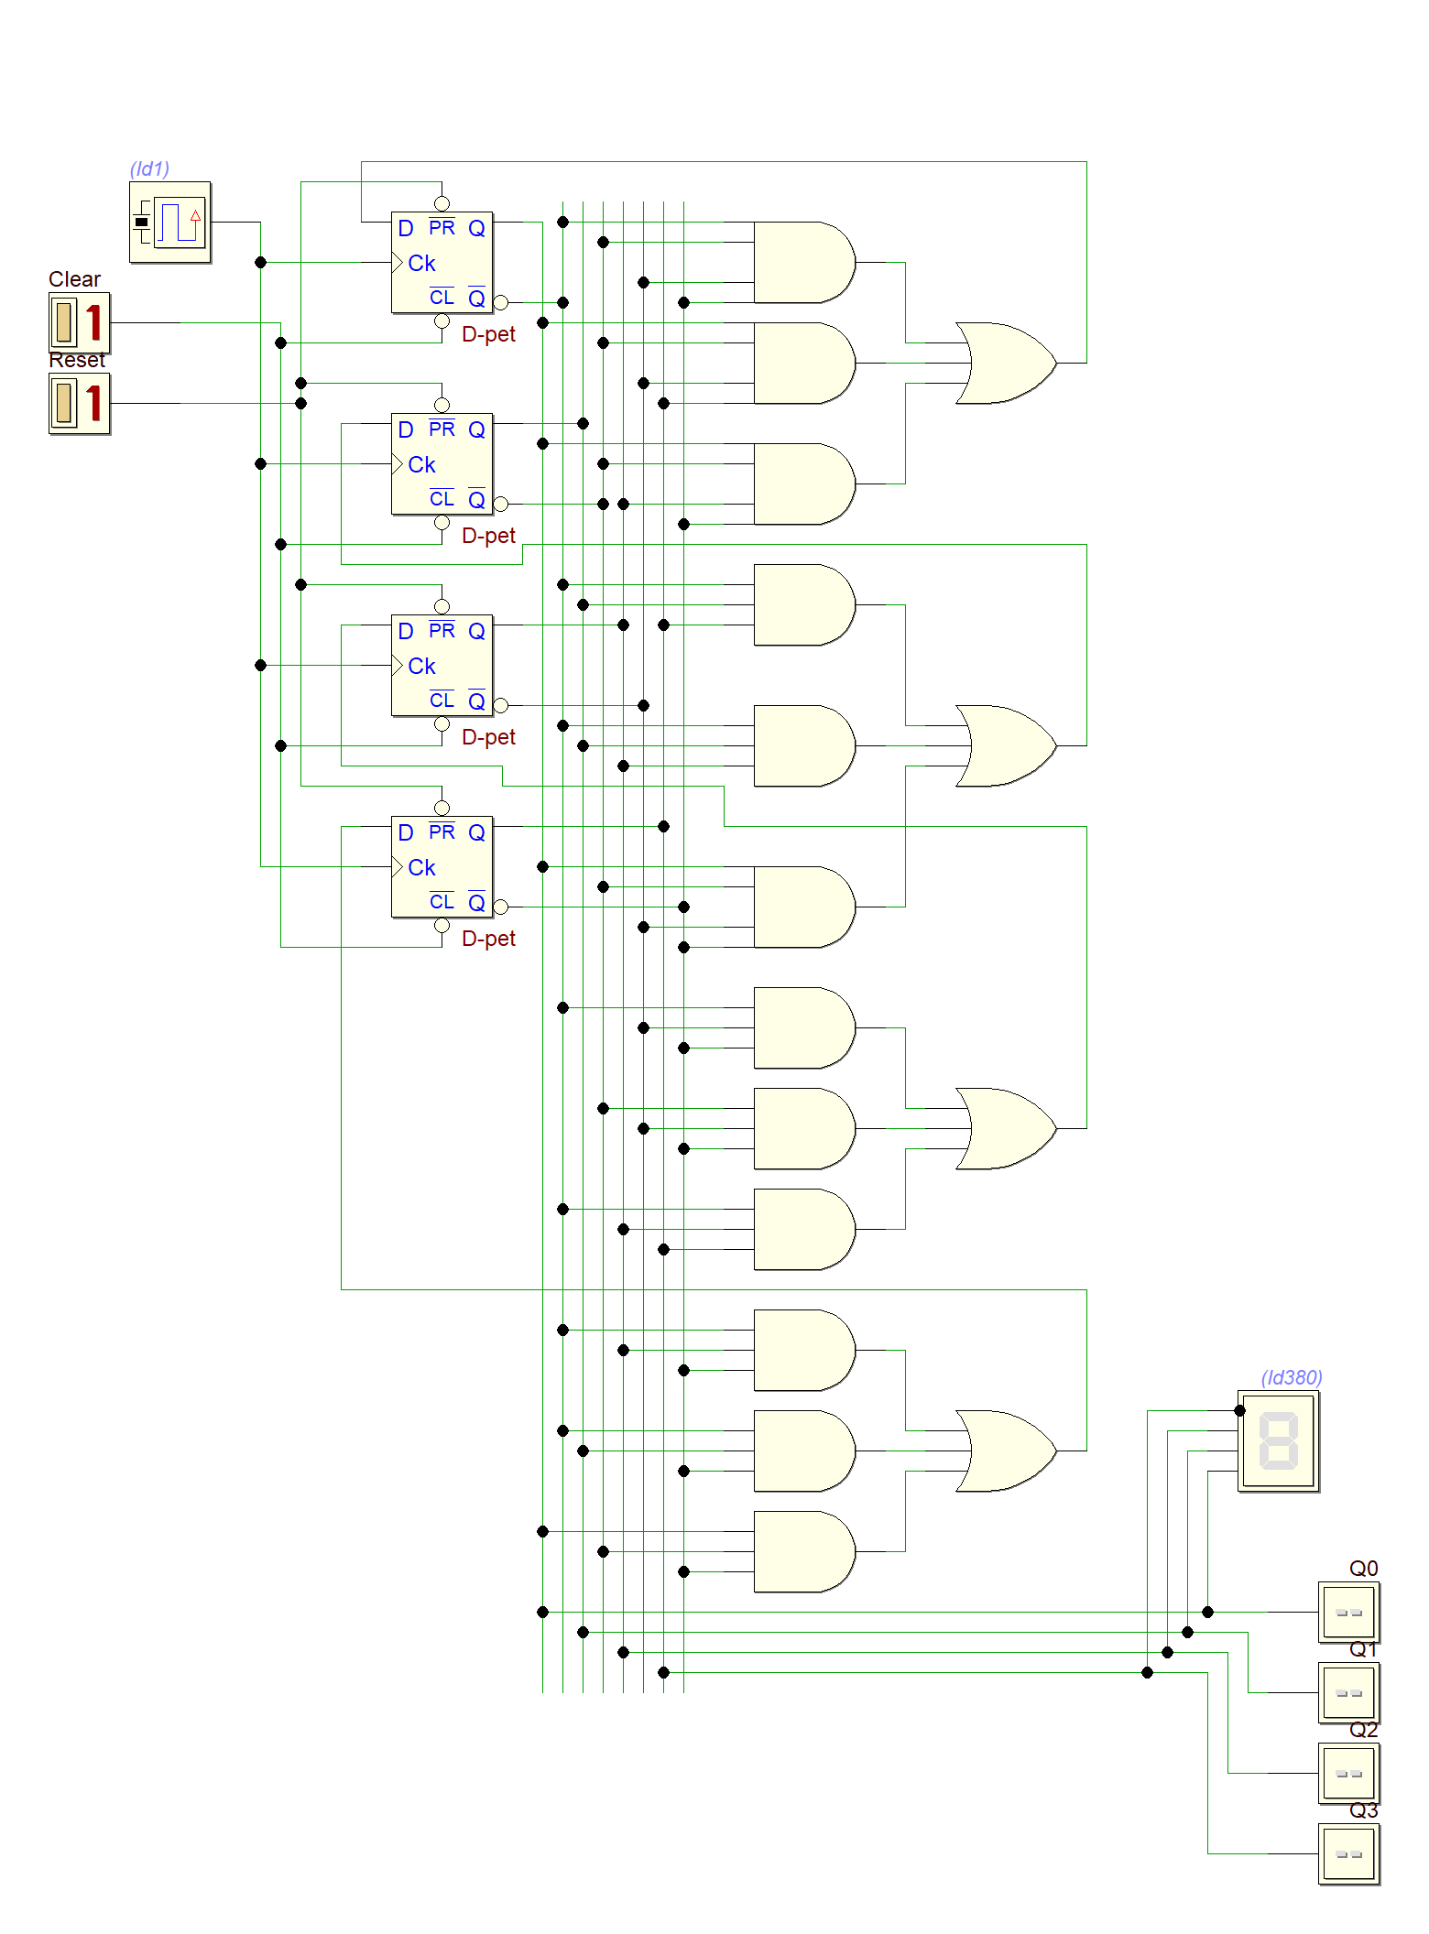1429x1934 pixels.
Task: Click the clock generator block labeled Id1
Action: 170,223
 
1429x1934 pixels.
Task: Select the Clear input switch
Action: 79,322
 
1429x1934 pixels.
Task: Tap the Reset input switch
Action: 79,403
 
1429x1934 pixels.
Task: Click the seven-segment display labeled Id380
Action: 1278,1440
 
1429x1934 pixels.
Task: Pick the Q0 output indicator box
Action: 1348,1613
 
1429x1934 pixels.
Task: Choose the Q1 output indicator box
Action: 1348,1693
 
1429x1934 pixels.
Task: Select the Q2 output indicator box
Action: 1348,1774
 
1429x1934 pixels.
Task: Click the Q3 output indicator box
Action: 1348,1854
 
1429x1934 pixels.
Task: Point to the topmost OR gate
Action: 1004,363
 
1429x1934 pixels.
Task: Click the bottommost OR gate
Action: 1004,1450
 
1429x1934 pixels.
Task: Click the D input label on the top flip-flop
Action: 406,228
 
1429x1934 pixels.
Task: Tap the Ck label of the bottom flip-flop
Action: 421,867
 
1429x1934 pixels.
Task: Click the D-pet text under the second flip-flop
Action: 488,536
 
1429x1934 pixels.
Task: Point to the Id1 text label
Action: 149,168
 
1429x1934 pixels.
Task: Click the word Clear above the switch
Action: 74,279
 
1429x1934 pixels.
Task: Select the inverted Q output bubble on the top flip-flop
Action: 500,302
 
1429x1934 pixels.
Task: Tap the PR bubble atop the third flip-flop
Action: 442,606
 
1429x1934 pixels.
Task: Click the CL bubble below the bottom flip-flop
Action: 442,926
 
